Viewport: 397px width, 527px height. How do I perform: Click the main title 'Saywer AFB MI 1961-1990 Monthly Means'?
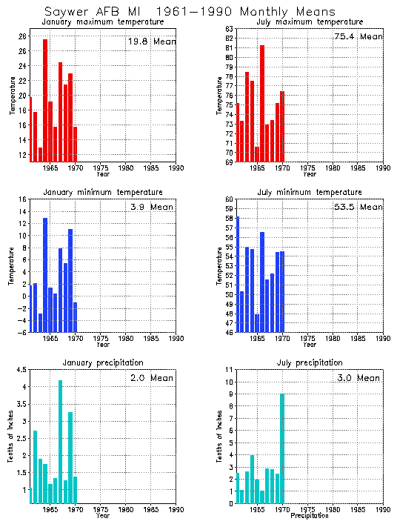pos(189,12)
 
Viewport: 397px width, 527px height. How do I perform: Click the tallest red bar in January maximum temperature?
pos(45,100)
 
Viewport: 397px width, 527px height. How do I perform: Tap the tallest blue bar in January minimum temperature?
pos(45,274)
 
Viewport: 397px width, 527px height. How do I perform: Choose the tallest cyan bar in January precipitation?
pos(60,442)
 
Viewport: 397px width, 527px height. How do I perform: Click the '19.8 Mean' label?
pos(152,42)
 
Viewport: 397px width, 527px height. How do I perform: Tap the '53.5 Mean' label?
pos(358,207)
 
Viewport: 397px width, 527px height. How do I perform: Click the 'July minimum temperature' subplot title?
pos(310,193)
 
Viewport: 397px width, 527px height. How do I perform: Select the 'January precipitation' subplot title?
pos(103,362)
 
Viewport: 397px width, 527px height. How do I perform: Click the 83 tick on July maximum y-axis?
pos(230,29)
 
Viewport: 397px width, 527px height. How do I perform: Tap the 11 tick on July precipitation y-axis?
pos(230,369)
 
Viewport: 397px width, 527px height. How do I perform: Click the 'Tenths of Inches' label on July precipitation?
pos(219,437)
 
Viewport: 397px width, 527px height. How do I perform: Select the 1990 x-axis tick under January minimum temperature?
pos(176,338)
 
